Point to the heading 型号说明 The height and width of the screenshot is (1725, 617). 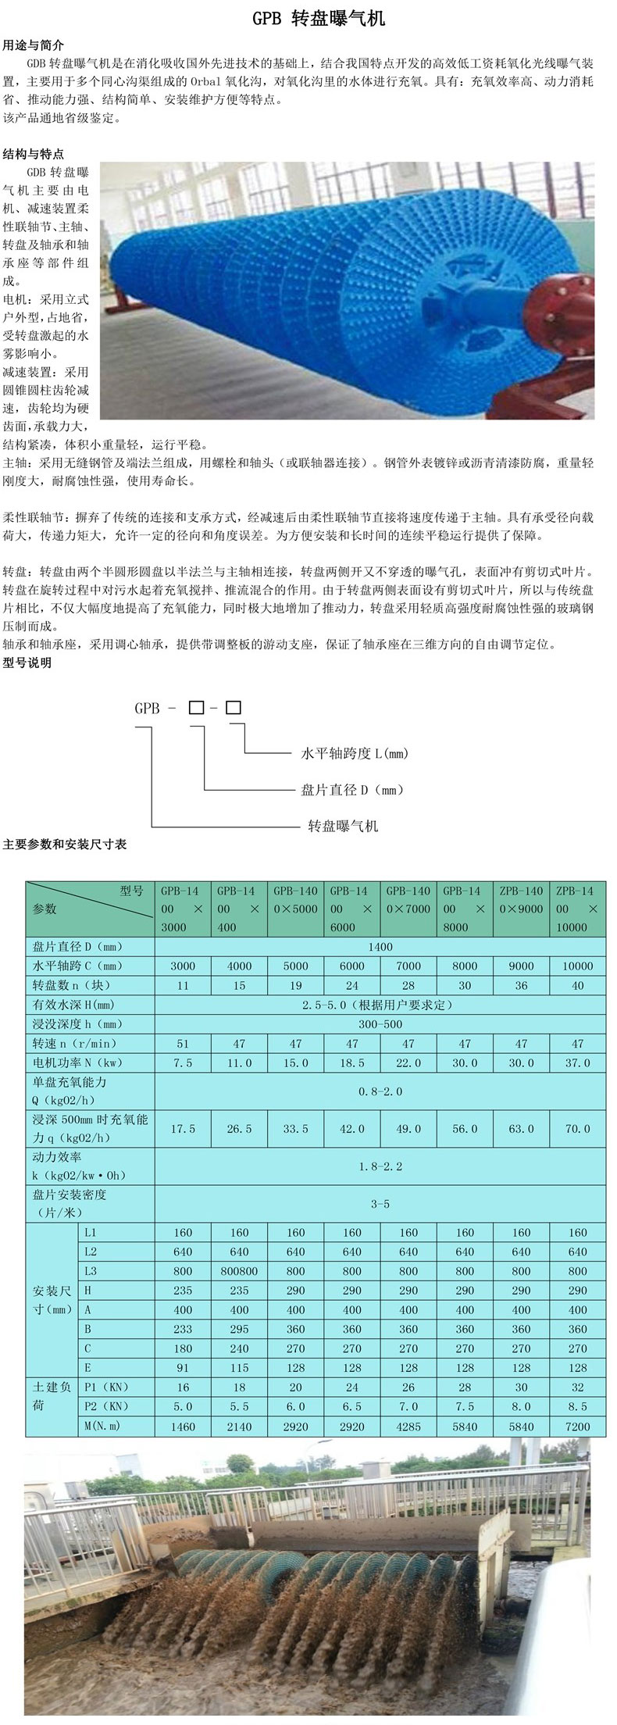pyautogui.click(x=27, y=662)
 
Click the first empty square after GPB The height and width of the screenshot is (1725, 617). pyautogui.click(x=196, y=708)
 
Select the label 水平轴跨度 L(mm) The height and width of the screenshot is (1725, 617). pyautogui.click(x=355, y=753)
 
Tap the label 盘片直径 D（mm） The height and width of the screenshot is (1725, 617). pyautogui.click(x=353, y=790)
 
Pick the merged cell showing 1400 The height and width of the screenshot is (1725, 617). pyautogui.click(x=380, y=946)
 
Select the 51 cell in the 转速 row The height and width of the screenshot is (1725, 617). pyautogui.click(x=183, y=1043)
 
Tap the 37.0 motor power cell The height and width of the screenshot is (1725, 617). pyautogui.click(x=577, y=1062)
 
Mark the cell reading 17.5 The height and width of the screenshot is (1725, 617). pyautogui.click(x=183, y=1129)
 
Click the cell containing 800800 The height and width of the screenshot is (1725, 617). pyautogui.click(x=239, y=1271)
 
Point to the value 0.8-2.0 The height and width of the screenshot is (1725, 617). pyautogui.click(x=380, y=1091)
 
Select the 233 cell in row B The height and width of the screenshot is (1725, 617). pyautogui.click(x=183, y=1329)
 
